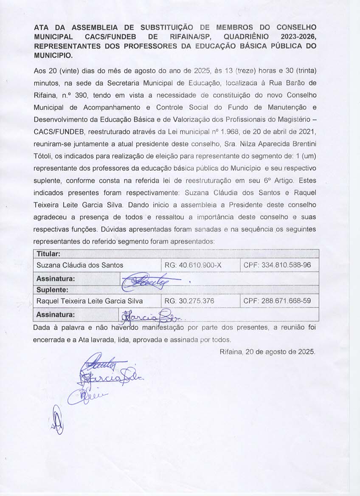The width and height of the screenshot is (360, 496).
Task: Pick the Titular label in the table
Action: pyautogui.click(x=48, y=254)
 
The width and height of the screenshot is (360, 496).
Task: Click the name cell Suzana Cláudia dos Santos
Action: pyautogui.click(x=80, y=265)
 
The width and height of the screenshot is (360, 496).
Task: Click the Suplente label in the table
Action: pyautogui.click(x=51, y=290)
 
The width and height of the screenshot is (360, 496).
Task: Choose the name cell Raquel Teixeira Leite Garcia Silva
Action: pyautogui.click(x=90, y=301)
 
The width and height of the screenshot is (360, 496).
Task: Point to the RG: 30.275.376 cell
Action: pyautogui.click(x=189, y=301)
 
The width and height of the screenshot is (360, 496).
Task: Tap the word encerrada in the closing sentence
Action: pyautogui.click(x=48, y=340)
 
